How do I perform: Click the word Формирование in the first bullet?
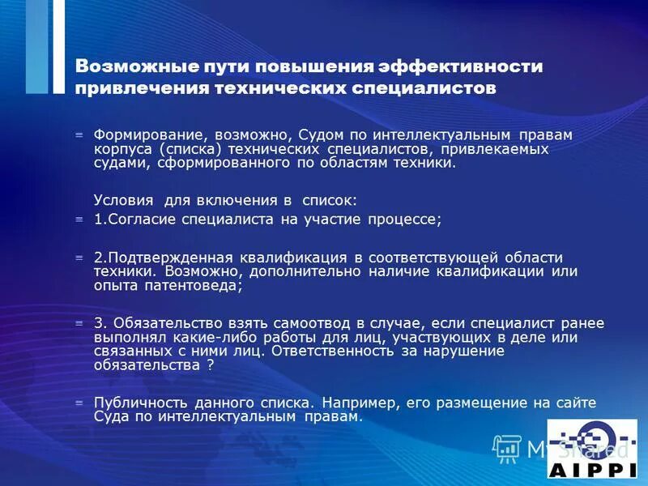143,134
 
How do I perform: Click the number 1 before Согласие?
98,219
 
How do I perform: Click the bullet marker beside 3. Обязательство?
79,323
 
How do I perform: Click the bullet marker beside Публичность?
79,403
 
